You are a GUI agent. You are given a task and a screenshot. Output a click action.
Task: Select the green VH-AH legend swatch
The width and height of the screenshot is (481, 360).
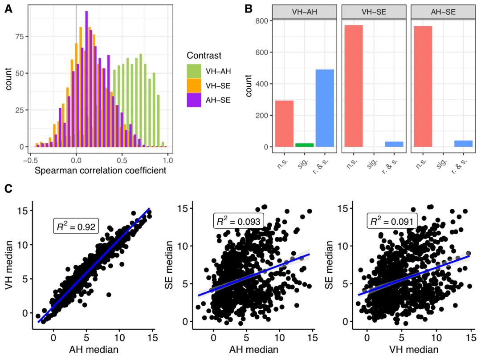point(194,71)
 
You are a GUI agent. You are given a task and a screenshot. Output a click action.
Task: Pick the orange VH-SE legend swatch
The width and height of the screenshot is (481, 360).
point(194,85)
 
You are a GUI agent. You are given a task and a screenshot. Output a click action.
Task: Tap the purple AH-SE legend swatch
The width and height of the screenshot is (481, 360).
point(194,100)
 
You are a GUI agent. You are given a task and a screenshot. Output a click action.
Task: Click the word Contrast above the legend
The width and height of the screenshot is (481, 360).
point(204,56)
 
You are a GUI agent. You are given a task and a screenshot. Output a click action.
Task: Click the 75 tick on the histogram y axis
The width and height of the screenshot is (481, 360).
point(19,37)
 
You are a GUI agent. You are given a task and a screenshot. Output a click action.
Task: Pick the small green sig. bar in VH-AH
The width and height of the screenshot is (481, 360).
point(305,145)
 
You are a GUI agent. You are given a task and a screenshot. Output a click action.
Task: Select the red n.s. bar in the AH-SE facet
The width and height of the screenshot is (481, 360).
point(423,86)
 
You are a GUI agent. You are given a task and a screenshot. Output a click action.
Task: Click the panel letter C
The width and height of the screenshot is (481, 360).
point(8,189)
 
